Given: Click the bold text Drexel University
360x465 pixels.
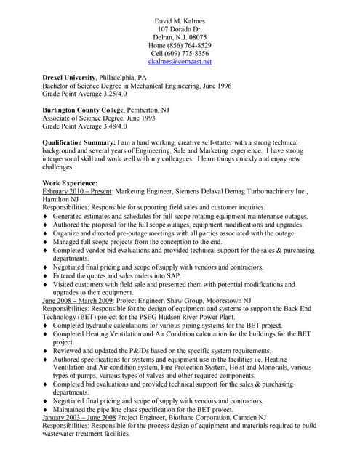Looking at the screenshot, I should pos(70,77).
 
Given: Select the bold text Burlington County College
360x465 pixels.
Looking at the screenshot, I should pos(83,108).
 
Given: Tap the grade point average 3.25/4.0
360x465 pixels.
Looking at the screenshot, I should pos(106,94).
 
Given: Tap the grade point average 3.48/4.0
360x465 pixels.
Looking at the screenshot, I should pos(106,126).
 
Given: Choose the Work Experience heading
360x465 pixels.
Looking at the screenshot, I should pos(71,182).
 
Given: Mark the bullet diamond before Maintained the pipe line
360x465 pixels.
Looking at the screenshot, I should pos(45,411).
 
